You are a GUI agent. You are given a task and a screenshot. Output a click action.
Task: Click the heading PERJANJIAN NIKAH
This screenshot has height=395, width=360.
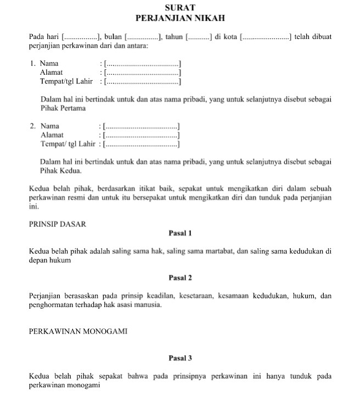click(180, 18)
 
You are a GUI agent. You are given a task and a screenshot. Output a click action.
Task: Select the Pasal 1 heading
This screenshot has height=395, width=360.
click(180, 233)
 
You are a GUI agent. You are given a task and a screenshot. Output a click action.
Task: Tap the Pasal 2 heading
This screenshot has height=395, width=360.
click(180, 277)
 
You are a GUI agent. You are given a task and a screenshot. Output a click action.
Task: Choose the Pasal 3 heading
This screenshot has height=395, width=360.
click(180, 358)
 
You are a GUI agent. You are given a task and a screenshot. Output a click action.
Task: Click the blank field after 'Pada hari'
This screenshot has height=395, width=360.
click(80, 37)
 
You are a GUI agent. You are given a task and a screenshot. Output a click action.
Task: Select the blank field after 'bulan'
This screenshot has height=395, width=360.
click(143, 37)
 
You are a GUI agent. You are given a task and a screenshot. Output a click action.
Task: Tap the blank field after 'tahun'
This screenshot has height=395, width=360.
click(199, 37)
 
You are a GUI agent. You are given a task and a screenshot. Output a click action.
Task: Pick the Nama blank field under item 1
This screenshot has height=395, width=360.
click(143, 64)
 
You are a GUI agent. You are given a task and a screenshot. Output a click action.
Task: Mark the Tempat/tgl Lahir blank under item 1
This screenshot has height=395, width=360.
click(143, 82)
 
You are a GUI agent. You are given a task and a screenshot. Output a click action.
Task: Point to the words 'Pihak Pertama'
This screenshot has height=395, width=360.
click(63, 108)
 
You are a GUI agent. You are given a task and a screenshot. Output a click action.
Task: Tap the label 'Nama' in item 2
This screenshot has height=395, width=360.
click(50, 126)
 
